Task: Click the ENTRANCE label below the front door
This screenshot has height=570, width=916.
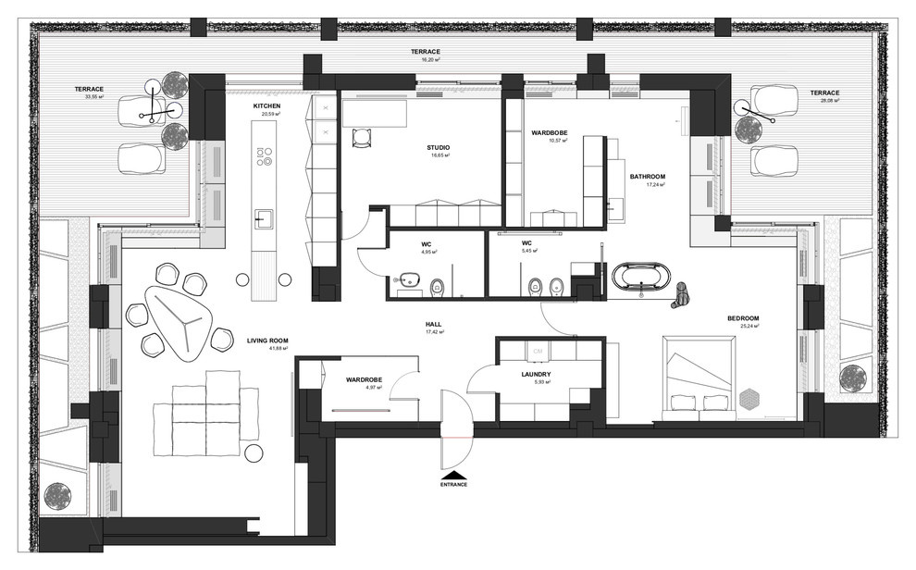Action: click(x=453, y=484)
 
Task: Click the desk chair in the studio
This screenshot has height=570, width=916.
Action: click(x=362, y=137)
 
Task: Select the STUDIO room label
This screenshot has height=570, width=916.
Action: click(x=438, y=147)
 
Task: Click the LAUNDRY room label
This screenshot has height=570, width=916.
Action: click(x=536, y=375)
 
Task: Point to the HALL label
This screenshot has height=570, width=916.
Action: click(x=432, y=325)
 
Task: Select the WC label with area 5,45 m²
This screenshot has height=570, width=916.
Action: click(x=528, y=244)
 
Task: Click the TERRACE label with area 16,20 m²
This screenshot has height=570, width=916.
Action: click(x=426, y=52)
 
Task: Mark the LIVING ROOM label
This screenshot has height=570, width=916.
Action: click(x=268, y=341)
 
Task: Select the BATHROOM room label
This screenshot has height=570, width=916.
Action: click(x=648, y=176)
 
